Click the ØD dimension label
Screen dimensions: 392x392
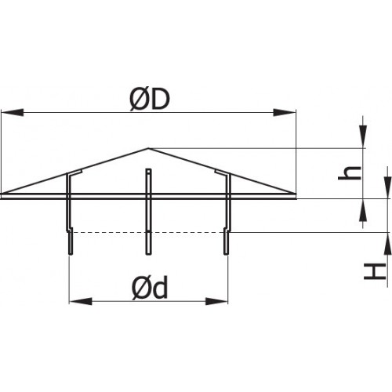tap(150, 100)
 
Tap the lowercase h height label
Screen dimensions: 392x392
tap(350, 172)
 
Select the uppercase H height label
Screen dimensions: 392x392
tap(376, 271)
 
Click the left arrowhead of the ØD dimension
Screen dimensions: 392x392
tap(13, 113)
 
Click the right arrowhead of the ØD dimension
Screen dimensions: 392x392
tap(285, 113)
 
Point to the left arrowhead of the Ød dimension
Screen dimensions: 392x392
tap(81, 301)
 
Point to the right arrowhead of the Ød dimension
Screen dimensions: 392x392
tap(216, 301)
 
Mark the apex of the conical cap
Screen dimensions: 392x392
tap(148, 148)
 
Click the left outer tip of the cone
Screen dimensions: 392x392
tap(2, 194)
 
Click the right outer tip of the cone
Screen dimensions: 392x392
tap(296, 194)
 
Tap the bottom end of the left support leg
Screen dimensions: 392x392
tap(71, 254)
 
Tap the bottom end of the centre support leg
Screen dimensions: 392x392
tap(148, 254)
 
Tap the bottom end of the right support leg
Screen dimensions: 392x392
tap(227, 254)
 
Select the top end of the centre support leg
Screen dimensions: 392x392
tap(148, 169)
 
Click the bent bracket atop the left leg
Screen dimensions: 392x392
tap(74, 172)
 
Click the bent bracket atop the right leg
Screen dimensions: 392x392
tap(223, 172)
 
